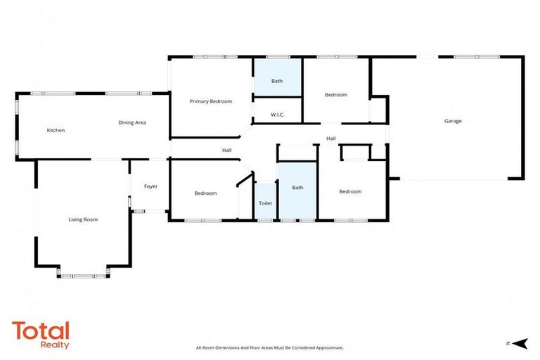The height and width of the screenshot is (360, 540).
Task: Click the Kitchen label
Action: click(x=56, y=130)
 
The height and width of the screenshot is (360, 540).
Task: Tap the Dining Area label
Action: click(x=131, y=122)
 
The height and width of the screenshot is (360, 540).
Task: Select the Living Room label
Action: click(x=83, y=219)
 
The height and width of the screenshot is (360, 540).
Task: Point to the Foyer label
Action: click(x=150, y=186)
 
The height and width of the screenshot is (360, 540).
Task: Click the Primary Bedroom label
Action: click(x=210, y=101)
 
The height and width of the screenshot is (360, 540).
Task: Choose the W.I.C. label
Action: click(x=277, y=114)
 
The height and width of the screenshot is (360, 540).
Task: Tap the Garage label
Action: click(x=453, y=121)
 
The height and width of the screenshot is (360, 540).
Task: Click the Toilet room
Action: click(x=265, y=202)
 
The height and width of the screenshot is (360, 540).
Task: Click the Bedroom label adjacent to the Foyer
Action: click(x=205, y=193)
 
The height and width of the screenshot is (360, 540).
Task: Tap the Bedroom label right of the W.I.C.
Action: click(x=335, y=95)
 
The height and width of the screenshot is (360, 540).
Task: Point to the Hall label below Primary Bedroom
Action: click(x=226, y=150)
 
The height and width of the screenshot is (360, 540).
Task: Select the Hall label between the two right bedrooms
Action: click(x=330, y=139)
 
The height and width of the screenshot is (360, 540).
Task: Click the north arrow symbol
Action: click(x=520, y=343)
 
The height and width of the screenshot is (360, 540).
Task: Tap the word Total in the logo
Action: click(x=41, y=330)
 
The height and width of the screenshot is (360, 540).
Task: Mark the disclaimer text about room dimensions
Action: click(x=269, y=347)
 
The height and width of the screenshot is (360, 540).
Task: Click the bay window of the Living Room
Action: click(x=83, y=275)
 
